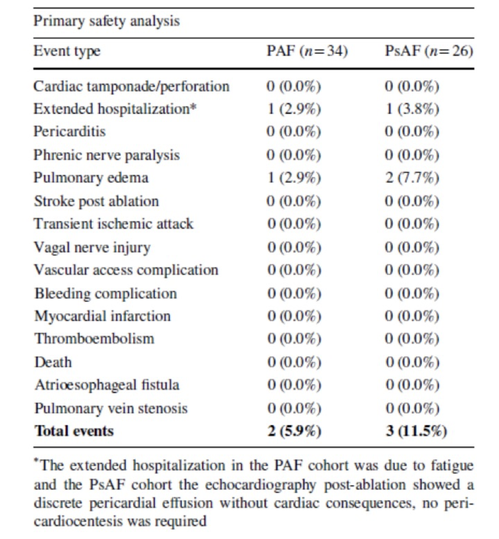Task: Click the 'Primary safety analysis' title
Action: point(107,22)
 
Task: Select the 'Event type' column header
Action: point(67,52)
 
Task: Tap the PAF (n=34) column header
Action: point(308,52)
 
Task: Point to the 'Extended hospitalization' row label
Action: point(115,109)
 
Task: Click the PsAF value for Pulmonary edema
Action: point(412,178)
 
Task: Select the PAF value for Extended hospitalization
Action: point(294,109)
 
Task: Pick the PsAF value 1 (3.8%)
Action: point(412,109)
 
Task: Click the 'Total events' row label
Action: point(74,431)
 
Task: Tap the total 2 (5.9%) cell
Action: point(295,431)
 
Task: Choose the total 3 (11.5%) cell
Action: point(416,431)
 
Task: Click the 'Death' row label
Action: point(53,362)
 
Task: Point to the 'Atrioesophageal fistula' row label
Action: point(107,385)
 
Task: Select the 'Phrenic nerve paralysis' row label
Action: point(107,155)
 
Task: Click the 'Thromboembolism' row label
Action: point(94,339)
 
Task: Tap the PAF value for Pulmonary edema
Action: point(294,178)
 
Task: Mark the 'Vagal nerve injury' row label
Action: point(92,247)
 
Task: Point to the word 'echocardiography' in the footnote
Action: point(261,485)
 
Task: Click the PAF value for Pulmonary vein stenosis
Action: point(295,409)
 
